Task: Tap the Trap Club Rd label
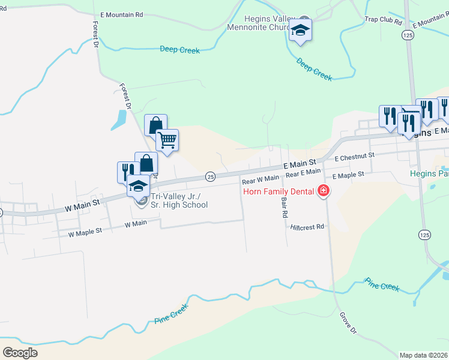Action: coord(382,20)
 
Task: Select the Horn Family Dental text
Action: coord(279,192)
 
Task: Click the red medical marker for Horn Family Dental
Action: coord(324,191)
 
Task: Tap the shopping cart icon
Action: coord(167,140)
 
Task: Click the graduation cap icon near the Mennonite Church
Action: coord(300,31)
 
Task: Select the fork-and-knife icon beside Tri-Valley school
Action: coord(127,172)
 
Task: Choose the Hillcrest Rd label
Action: coord(307,227)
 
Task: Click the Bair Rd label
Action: coord(284,206)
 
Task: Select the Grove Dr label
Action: coord(348,322)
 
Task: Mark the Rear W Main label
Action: coord(261,178)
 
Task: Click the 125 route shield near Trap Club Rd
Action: coord(408,36)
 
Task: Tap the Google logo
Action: coord(20,353)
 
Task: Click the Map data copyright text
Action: coord(423,355)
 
